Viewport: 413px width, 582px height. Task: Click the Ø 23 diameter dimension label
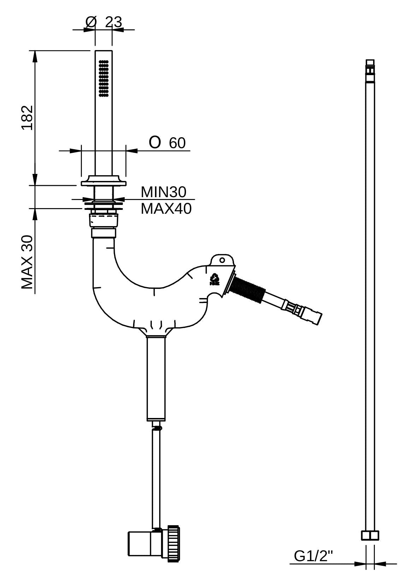pyautogui.click(x=104, y=22)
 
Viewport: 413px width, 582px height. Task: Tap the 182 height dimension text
pyautogui.click(x=27, y=117)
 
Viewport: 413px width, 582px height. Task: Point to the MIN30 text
pyautogui.click(x=163, y=192)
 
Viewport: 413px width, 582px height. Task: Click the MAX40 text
pyautogui.click(x=166, y=208)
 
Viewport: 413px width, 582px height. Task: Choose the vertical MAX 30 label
pyautogui.click(x=27, y=262)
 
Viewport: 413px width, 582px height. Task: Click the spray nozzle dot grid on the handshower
pyautogui.click(x=103, y=78)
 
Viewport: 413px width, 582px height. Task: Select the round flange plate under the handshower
pyautogui.click(x=103, y=182)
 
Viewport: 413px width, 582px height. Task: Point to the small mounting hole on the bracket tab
pyautogui.click(x=222, y=260)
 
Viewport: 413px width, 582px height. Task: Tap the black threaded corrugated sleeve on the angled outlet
pyautogui.click(x=249, y=289)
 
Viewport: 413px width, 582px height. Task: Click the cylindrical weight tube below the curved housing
pyautogui.click(x=156, y=378)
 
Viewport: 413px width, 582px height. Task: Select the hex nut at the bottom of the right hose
pyautogui.click(x=370, y=535)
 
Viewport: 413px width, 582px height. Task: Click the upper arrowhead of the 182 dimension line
pyautogui.click(x=35, y=56)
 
